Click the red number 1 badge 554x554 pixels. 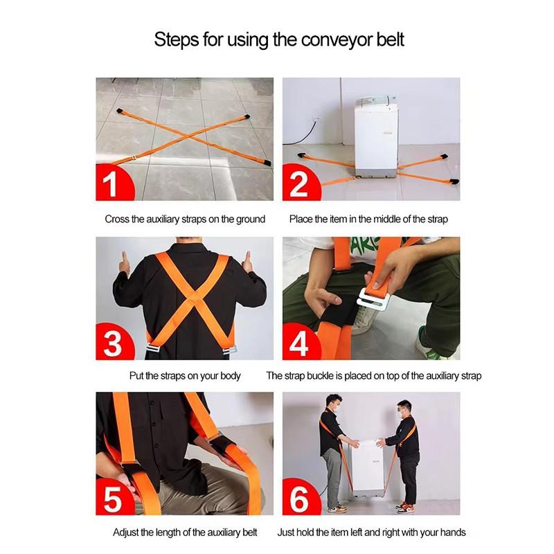pos(111,184)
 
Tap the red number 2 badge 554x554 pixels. pos(298,184)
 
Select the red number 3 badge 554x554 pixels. pos(111,343)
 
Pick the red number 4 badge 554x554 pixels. pos(298,343)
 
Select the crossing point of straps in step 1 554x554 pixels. pos(181,143)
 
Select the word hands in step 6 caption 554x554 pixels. pos(451,533)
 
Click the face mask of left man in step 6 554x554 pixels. pos(335,409)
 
